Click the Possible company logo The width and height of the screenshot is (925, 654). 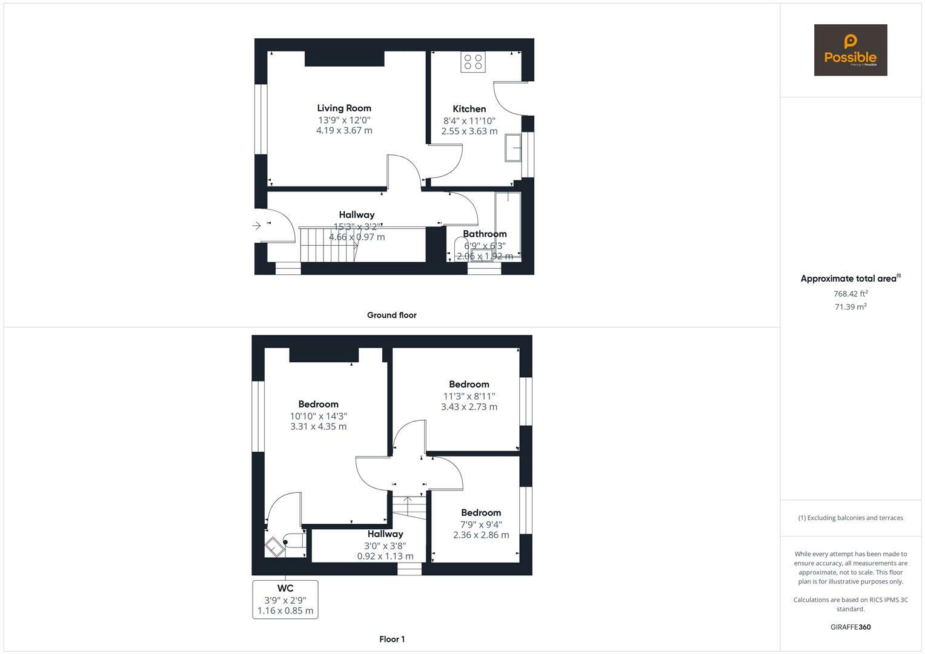pyautogui.click(x=850, y=50)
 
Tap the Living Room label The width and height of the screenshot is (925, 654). pyautogui.click(x=344, y=108)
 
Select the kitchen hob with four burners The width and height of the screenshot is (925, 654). pyautogui.click(x=472, y=62)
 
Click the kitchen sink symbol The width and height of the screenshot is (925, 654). pyautogui.click(x=513, y=148)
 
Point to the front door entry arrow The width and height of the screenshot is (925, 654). pyautogui.click(x=257, y=225)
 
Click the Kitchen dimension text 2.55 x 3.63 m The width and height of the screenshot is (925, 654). pyautogui.click(x=469, y=131)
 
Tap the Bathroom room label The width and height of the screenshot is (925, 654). pyautogui.click(x=485, y=234)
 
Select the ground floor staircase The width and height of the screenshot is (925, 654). pyautogui.click(x=328, y=245)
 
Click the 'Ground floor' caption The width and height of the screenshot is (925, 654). pyautogui.click(x=391, y=315)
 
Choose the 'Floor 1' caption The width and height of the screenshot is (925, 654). pyautogui.click(x=391, y=639)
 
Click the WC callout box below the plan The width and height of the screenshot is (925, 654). pyautogui.click(x=285, y=599)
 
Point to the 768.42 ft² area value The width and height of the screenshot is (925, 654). pyautogui.click(x=850, y=294)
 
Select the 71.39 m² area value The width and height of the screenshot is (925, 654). pyautogui.click(x=850, y=307)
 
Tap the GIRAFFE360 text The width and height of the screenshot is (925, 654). pyautogui.click(x=850, y=627)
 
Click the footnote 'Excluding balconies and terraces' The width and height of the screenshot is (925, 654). pyautogui.click(x=850, y=518)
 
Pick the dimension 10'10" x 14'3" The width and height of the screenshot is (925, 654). pyautogui.click(x=318, y=416)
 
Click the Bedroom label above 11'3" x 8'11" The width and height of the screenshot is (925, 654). pyautogui.click(x=469, y=384)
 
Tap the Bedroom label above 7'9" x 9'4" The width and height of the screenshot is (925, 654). pyautogui.click(x=481, y=512)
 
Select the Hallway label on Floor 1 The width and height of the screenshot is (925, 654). pyautogui.click(x=385, y=534)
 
